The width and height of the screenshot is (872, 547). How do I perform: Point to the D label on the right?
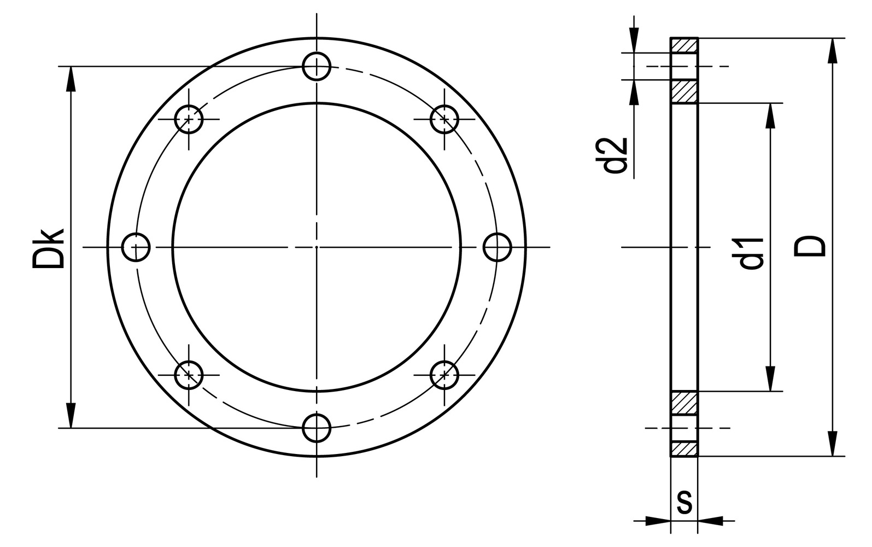[x=810, y=246]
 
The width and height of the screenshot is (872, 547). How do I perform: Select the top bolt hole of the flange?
[x=317, y=66]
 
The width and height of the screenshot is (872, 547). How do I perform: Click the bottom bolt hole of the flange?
[x=317, y=427]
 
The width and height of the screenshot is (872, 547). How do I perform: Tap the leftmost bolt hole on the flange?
[x=136, y=247]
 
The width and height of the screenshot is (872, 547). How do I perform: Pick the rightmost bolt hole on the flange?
[x=498, y=247]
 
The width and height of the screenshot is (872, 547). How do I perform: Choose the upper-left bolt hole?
[x=189, y=119]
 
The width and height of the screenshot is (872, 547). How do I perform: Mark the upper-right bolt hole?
[x=444, y=119]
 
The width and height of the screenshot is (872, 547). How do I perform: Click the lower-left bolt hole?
[x=189, y=375]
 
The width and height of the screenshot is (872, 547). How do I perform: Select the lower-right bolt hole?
[x=444, y=375]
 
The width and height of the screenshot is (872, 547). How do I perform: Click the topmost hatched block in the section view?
[x=684, y=45]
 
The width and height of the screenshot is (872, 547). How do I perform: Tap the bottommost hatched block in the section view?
[x=684, y=449]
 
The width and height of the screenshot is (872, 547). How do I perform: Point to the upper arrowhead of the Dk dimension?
[x=71, y=78]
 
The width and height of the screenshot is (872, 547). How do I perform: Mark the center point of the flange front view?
[x=317, y=247]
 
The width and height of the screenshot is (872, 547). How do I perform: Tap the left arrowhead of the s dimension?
[x=658, y=520]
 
